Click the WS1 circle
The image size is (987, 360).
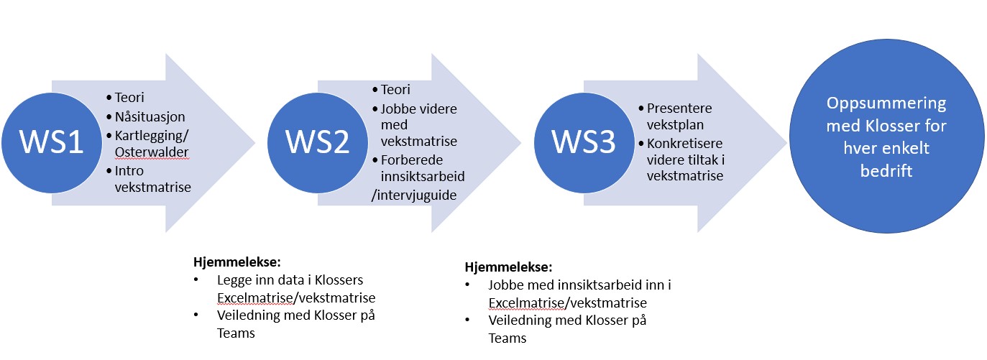click(x=52, y=142)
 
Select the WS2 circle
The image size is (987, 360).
click(x=318, y=142)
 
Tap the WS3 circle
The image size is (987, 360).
click(x=584, y=142)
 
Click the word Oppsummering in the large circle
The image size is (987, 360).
click(x=886, y=103)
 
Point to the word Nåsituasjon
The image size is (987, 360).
click(x=150, y=117)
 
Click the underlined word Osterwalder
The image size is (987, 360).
click(x=152, y=152)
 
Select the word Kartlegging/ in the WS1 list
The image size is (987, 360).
click(x=152, y=136)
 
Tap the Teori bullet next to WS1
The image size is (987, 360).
click(x=129, y=98)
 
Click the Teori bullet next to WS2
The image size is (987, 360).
click(x=395, y=90)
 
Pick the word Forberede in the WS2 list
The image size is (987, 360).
click(x=412, y=160)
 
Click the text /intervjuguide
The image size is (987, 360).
click(x=414, y=195)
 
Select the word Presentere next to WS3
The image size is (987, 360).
click(x=679, y=109)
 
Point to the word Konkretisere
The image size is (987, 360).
click(x=685, y=144)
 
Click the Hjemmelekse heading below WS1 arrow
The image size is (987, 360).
click(x=237, y=262)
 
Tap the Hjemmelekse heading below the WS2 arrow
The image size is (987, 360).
click(x=508, y=267)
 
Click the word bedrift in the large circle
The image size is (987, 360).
click(x=886, y=170)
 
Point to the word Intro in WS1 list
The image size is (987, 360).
click(x=129, y=171)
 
